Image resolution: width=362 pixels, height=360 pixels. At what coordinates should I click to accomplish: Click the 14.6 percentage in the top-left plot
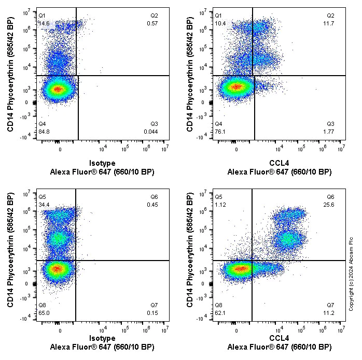[44, 24]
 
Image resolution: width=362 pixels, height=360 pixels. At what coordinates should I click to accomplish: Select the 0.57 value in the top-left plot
[152, 24]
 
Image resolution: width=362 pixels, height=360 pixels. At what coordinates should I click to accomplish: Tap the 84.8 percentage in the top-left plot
[44, 132]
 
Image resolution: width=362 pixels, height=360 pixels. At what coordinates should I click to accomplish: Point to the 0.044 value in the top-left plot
[151, 132]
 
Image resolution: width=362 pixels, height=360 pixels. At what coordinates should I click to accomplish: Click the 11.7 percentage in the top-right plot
[330, 24]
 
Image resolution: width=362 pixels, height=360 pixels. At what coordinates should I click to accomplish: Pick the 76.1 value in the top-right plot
[220, 132]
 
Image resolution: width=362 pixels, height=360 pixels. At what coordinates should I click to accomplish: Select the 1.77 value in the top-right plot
[330, 132]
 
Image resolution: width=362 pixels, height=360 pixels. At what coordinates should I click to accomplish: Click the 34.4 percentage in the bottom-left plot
[44, 205]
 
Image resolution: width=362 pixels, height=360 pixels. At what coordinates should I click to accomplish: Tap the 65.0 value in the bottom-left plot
[44, 313]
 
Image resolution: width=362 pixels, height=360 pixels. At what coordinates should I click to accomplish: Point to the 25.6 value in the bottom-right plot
[330, 205]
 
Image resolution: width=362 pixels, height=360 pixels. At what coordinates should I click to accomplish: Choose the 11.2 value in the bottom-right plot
[330, 313]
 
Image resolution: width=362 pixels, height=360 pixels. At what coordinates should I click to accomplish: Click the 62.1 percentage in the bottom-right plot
[220, 313]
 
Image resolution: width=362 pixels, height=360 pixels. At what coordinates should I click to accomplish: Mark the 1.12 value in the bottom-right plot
[220, 205]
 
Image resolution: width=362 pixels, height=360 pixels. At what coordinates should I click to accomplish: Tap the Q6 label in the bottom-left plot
[154, 197]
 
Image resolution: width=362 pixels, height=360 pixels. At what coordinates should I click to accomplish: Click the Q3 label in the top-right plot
[330, 124]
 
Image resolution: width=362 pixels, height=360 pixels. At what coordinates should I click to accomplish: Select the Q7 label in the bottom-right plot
[330, 305]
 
